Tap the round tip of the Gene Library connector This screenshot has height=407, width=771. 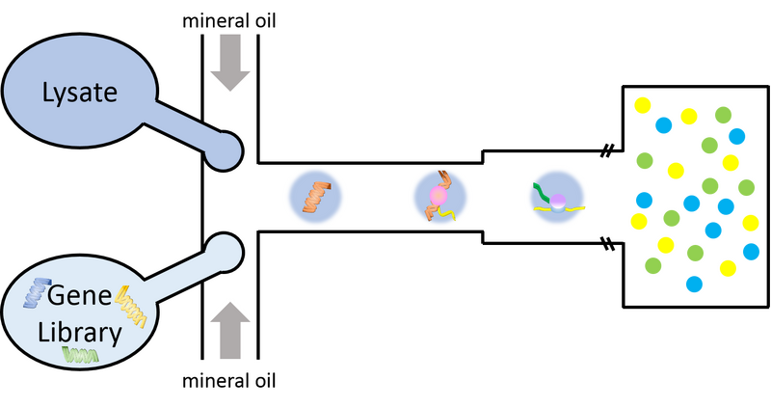(x=224, y=248)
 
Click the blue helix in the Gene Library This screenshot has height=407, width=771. (x=38, y=291)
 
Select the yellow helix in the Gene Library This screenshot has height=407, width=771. (x=129, y=308)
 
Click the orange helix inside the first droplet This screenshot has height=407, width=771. (x=315, y=196)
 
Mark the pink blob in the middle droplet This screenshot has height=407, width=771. (x=438, y=198)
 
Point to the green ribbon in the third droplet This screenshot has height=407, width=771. (x=543, y=194)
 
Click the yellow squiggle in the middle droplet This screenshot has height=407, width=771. (x=441, y=214)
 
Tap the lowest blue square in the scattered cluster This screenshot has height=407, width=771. (x=694, y=284)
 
